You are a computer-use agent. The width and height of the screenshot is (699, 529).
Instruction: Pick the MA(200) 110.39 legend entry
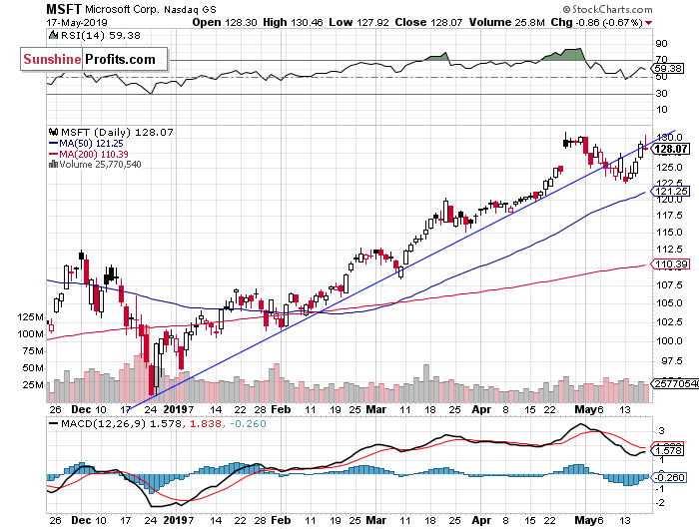point(93,154)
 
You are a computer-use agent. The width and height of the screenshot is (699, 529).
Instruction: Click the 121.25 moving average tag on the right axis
point(669,191)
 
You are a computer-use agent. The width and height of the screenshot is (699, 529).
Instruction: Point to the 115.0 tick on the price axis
point(670,233)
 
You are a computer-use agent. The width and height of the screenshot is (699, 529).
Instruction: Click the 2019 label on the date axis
point(175,409)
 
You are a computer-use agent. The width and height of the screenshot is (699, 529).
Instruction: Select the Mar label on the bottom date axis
point(374,409)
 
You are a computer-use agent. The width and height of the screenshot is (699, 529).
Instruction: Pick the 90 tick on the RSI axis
point(660,45)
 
